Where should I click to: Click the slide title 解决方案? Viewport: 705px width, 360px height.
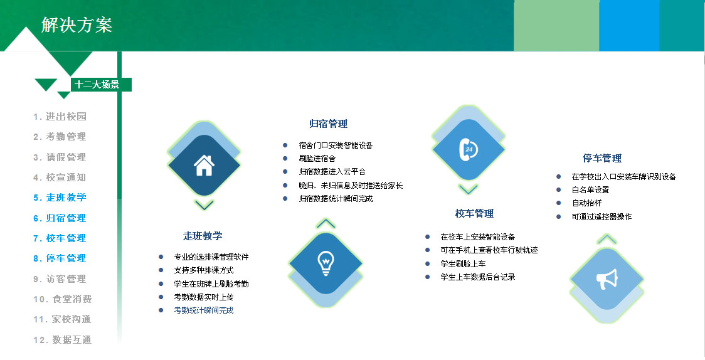pyautogui.click(x=77, y=24)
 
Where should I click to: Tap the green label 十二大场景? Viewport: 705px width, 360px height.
pyautogui.click(x=97, y=85)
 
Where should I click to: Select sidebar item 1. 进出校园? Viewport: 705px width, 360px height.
pyautogui.click(x=60, y=117)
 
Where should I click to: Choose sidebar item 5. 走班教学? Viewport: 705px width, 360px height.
pyautogui.click(x=60, y=198)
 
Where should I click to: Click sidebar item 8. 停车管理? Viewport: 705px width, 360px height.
pyautogui.click(x=60, y=258)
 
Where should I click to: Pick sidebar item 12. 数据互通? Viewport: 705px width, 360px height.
pyautogui.click(x=62, y=340)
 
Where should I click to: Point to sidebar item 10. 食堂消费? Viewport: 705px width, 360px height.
pyautogui.click(x=62, y=299)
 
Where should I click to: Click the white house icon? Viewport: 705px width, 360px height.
pyautogui.click(x=204, y=166)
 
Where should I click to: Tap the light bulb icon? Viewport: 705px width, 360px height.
pyautogui.click(x=326, y=263)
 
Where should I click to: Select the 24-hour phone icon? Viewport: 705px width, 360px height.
pyautogui.click(x=468, y=149)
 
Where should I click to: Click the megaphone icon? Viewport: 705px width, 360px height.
pyautogui.click(x=607, y=279)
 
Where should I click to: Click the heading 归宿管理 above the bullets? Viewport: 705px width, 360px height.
pyautogui.click(x=328, y=124)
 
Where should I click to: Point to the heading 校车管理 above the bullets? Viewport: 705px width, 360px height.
pyautogui.click(x=474, y=213)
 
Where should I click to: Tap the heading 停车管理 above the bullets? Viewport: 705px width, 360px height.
pyautogui.click(x=602, y=158)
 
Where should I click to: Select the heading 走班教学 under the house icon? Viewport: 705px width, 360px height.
pyautogui.click(x=203, y=236)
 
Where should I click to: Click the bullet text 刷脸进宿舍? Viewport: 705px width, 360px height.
pyautogui.click(x=317, y=158)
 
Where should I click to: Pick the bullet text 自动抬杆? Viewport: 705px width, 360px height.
pyautogui.click(x=586, y=203)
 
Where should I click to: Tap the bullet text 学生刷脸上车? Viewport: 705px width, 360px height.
pyautogui.click(x=463, y=264)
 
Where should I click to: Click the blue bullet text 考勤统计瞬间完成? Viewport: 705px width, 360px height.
pyautogui.click(x=204, y=310)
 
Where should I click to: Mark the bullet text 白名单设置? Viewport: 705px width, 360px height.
pyautogui.click(x=590, y=189)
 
